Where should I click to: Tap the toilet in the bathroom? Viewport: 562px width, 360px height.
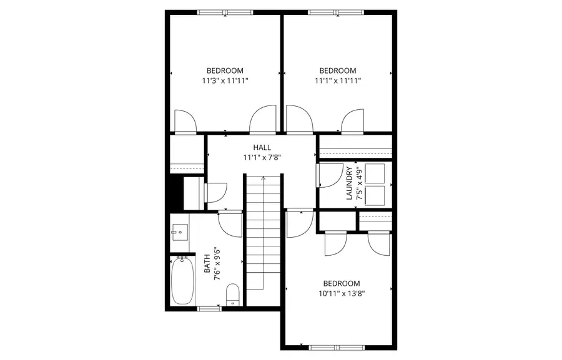click(232, 293)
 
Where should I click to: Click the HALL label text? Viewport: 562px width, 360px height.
click(262, 147)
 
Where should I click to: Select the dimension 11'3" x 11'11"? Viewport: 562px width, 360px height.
click(225, 80)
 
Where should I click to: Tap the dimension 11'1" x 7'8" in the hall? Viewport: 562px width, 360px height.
click(262, 157)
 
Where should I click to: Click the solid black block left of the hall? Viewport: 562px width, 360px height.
click(174, 194)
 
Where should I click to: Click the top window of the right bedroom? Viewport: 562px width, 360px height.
click(337, 12)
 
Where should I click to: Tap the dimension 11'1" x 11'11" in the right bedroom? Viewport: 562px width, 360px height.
click(337, 80)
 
